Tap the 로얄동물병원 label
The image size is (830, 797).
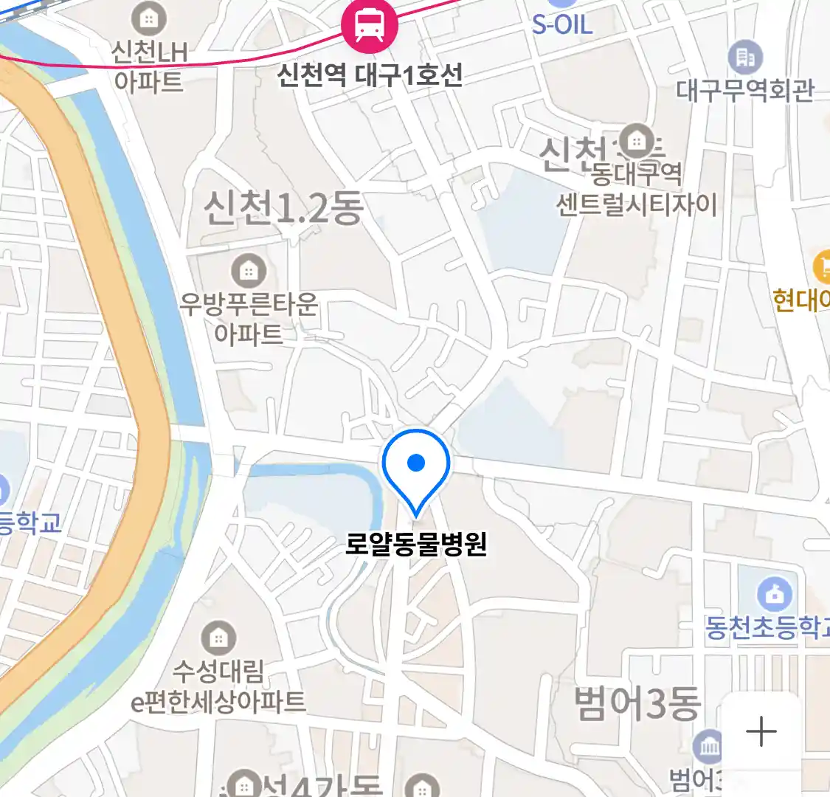416,545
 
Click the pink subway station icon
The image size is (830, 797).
369,26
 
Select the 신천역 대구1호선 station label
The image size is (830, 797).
370,75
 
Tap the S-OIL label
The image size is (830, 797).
562,25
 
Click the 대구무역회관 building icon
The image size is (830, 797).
745,56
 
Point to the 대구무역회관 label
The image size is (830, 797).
745,90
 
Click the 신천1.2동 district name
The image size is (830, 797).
284,207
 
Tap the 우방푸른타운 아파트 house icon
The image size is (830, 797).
249,272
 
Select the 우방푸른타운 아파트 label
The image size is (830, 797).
249,319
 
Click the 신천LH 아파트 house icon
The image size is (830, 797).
149,19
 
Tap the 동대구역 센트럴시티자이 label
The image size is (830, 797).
636,189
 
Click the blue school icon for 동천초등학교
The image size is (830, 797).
775,594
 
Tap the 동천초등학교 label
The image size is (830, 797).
767,628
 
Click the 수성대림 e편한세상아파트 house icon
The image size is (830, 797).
218,638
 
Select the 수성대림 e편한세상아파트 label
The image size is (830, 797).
218,686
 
